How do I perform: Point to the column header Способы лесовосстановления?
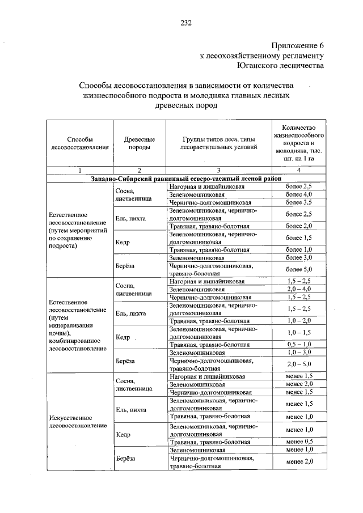[79, 143]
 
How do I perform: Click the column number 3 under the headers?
[218, 170]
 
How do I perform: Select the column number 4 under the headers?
[298, 170]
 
